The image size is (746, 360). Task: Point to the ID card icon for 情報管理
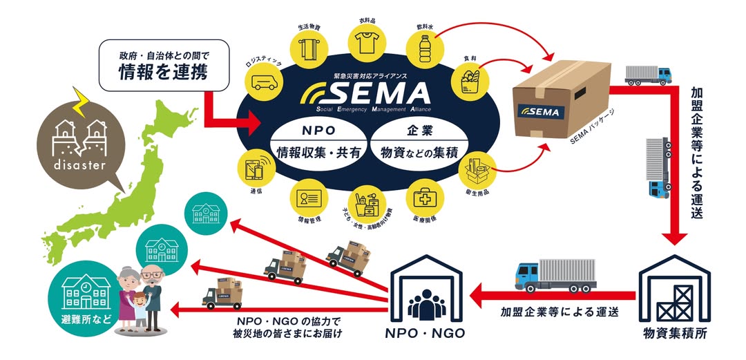point(307,198)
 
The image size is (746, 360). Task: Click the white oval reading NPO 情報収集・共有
point(318,142)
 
